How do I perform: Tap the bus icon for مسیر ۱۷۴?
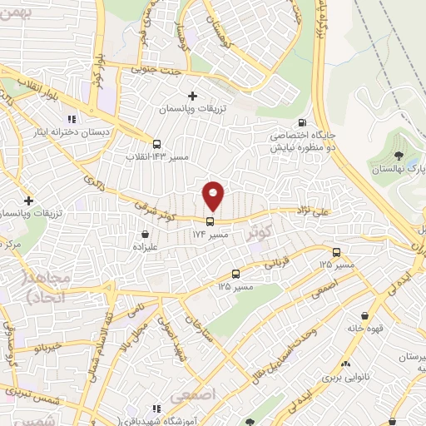[x=209, y=221]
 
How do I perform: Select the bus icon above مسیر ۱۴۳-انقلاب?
[x=157, y=142]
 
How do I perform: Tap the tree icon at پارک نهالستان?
[x=399, y=155]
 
